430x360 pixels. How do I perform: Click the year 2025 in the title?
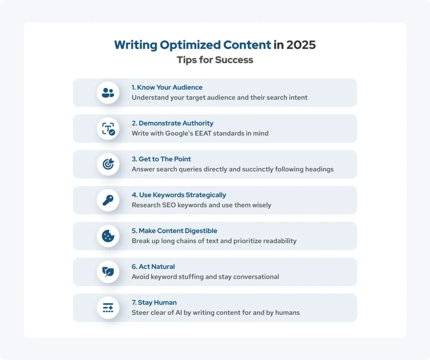click(x=301, y=45)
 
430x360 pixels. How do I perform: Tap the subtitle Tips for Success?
click(x=215, y=60)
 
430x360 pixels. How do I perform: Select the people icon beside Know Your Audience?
click(x=108, y=93)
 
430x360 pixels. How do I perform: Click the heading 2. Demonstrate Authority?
click(x=173, y=123)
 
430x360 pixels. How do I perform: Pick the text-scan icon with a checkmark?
click(x=108, y=128)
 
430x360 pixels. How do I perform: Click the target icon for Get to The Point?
click(x=108, y=164)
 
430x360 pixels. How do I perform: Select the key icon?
click(x=108, y=200)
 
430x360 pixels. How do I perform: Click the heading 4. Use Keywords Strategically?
click(x=179, y=195)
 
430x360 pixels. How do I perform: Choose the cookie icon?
click(x=108, y=236)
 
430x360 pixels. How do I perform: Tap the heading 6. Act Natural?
click(x=153, y=266)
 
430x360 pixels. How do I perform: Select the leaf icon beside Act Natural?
click(x=108, y=272)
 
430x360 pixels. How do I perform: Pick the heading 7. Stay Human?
click(x=154, y=303)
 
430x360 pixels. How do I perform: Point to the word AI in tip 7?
click(x=179, y=313)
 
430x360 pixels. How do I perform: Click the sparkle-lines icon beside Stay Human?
click(x=108, y=308)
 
